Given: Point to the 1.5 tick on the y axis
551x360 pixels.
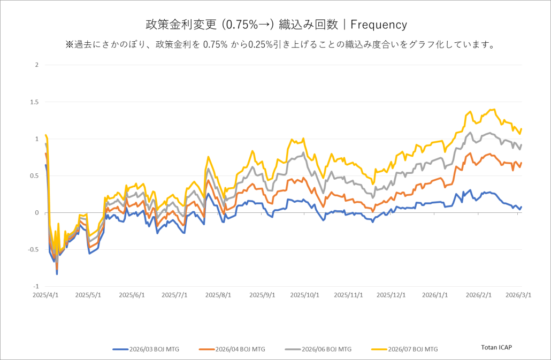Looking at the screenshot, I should tap(35, 102).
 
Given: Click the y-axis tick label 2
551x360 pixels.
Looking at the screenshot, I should tap(37, 65).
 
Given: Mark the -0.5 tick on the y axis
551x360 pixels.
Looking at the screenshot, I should tap(34, 250).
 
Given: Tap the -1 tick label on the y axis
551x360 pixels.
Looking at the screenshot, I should tap(36, 287).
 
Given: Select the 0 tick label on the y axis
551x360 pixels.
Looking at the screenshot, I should tap(37, 213).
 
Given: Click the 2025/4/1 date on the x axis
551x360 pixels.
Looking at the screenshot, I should tap(47, 295).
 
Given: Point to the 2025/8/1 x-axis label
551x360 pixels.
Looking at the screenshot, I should tap(218, 295).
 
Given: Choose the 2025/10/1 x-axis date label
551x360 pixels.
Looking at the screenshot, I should tap(305, 295).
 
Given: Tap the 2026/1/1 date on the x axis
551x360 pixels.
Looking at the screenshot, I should tap(435, 295).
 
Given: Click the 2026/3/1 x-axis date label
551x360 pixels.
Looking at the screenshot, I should tap(518, 295).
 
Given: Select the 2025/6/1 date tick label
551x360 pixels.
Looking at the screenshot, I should tap(132, 295).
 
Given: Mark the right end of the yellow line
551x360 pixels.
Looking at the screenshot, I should tap(522, 129).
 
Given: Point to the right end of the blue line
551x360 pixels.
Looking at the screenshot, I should tap(522, 207).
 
